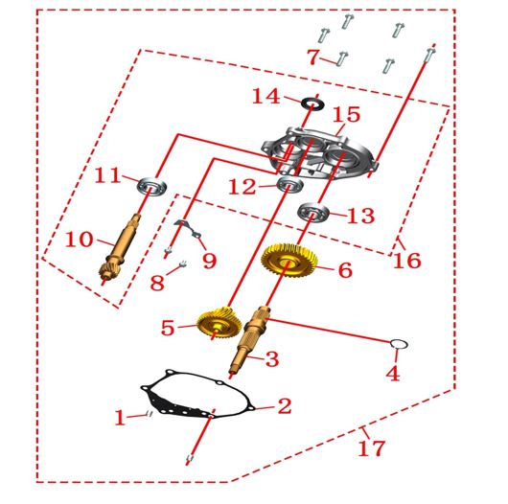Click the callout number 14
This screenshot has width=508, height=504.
266,97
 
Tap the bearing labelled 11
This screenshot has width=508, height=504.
152,186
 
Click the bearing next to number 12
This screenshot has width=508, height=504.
290,185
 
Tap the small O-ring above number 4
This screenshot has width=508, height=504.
393,344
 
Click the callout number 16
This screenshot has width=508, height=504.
407,260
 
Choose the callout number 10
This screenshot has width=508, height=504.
80,240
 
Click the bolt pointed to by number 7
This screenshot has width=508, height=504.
342,58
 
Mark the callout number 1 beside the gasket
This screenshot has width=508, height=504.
120,418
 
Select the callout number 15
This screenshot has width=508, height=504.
347,115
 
